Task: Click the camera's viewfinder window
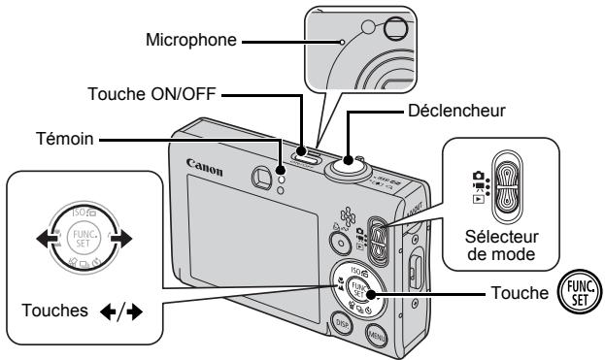(261, 177)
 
